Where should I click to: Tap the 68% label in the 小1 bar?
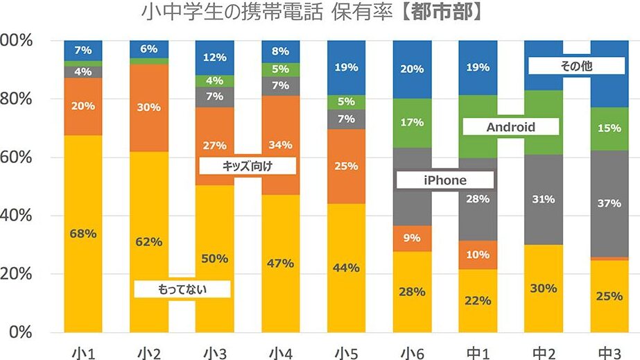pos(83,233)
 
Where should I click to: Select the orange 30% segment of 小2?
pos(149,108)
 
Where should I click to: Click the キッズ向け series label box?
pos(248,166)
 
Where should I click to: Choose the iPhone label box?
pos(445,180)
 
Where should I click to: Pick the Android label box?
pos(510,127)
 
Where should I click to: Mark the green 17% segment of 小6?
pos(412,123)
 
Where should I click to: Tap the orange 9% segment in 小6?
pos(412,238)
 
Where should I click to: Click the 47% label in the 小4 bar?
pos(280,263)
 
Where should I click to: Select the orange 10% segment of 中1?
pos(478,255)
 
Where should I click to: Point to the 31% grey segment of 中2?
pos(544,199)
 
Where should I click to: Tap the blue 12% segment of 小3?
pos(214,57)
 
